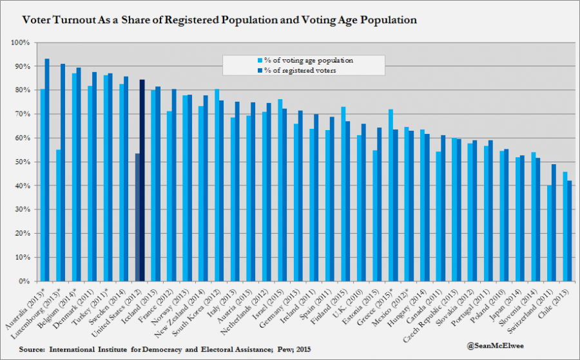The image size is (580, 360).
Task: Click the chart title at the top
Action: point(219,20)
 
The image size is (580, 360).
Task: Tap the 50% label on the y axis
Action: point(22,162)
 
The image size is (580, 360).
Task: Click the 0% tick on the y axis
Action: point(24,281)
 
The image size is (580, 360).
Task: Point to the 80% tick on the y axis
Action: point(22,90)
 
